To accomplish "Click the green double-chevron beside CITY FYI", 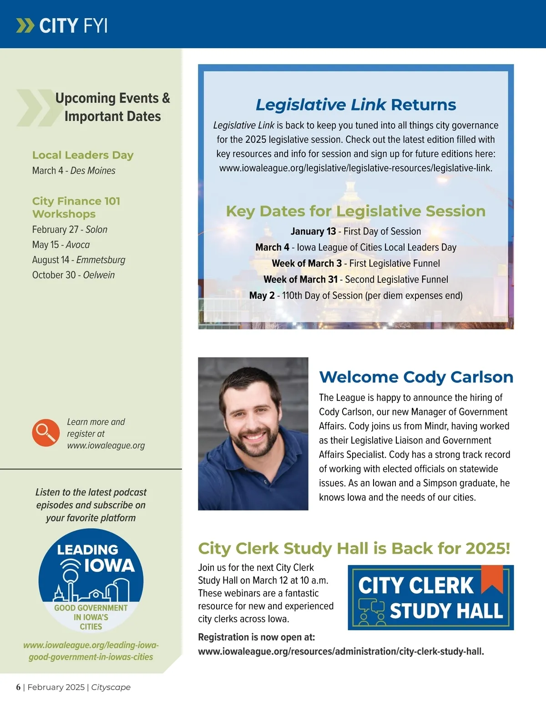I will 25,25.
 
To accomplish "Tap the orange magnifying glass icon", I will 45,433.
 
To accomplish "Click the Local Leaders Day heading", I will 83,155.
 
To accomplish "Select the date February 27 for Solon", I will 55,230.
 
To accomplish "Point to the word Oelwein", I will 99,275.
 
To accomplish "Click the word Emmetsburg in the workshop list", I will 101,260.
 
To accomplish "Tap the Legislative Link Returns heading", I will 355,105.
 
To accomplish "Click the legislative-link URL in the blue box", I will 355,168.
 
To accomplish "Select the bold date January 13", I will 313,231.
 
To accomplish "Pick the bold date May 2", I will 262,295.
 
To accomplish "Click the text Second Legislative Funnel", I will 396,280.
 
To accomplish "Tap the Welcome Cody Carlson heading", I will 416,377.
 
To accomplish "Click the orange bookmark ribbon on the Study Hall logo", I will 492,579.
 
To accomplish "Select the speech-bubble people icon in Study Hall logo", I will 371,611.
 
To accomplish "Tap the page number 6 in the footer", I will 18,687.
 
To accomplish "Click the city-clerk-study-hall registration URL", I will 341,651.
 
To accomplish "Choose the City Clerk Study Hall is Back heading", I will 354,548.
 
